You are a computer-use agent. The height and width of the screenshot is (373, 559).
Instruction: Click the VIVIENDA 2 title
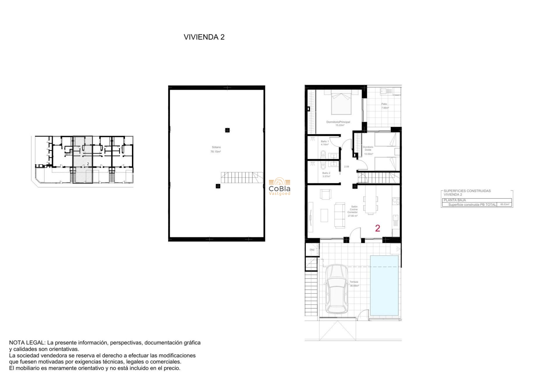tap(204, 37)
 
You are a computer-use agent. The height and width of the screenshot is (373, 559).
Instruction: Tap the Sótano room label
tap(216, 149)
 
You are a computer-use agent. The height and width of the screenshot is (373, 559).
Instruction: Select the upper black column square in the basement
tap(227, 130)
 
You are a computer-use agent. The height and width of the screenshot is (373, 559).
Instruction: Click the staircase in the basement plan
tap(242, 177)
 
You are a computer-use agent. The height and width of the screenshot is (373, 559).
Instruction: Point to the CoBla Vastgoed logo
tap(279, 186)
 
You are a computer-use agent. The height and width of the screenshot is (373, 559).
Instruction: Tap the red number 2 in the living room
tap(378, 228)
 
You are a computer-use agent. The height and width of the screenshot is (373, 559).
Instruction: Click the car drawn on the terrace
tap(337, 288)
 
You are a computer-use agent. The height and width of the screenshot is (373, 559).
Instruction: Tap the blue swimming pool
tap(384, 286)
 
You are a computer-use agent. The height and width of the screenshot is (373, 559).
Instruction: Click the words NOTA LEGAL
tap(27, 343)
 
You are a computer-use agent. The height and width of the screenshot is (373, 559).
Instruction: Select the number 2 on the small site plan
tap(88, 164)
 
